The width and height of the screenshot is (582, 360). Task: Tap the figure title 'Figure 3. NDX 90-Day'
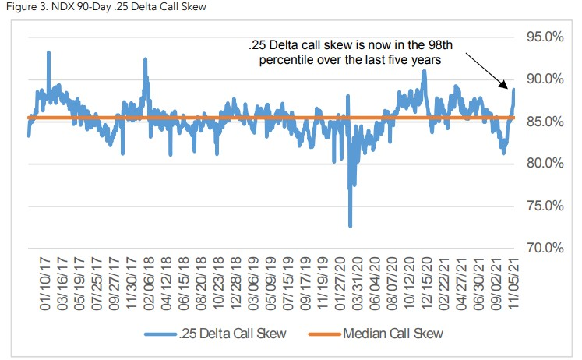62,7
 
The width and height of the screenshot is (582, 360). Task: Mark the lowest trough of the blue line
350,226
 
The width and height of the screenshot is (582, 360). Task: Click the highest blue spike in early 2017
48,52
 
